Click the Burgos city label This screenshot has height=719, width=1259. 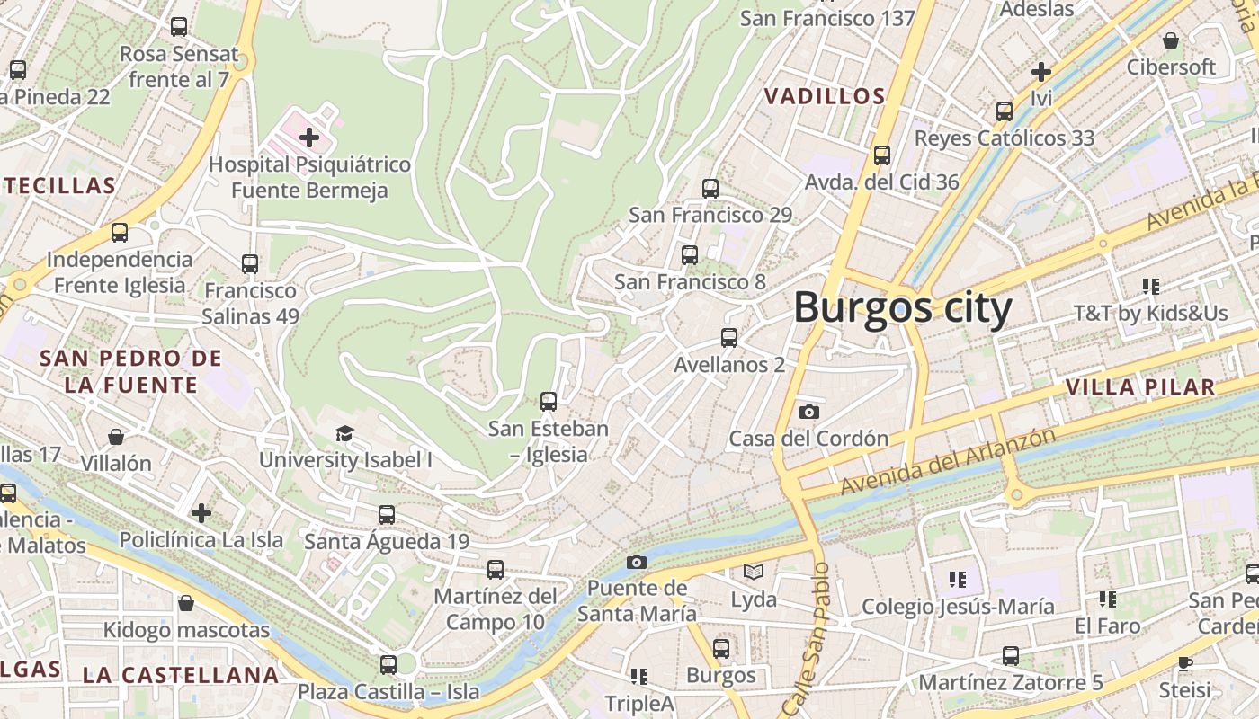pos(902,307)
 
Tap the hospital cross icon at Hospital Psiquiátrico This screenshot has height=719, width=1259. pos(309,138)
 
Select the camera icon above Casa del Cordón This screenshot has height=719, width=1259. pos(809,412)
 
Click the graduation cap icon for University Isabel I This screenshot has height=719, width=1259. pos(345,434)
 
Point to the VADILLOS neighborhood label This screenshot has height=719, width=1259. pos(825,96)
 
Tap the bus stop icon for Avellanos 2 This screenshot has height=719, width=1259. pos(729,338)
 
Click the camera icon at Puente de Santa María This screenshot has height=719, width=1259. pos(637,562)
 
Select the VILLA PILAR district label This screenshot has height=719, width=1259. pos(1139,387)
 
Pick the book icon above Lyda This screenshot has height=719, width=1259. pos(754,572)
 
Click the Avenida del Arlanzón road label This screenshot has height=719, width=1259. pos(948,461)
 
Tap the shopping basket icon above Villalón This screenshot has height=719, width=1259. pos(116,437)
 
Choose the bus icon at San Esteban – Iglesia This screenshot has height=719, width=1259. pos(549,402)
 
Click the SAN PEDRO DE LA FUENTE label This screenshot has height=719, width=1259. pos(130,371)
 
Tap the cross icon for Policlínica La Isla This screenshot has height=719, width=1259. pos(201,512)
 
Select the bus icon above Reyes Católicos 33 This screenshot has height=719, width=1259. pos(1005,111)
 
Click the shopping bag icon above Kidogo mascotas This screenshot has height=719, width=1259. pos(186,602)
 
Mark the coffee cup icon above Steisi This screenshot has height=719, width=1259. pos(1185,663)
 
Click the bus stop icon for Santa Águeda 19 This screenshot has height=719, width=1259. pos(387,515)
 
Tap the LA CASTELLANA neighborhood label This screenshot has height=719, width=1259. pos(181,675)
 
